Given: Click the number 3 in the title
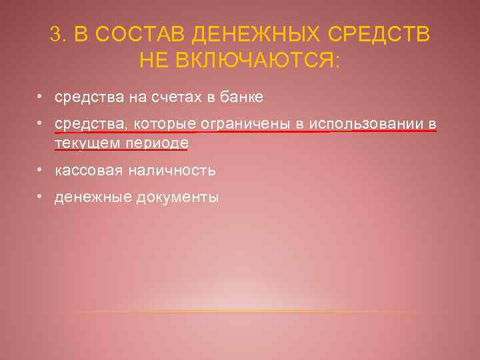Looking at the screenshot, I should [56, 35].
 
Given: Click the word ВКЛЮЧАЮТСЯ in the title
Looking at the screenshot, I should [258, 61].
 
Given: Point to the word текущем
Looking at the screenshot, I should [82, 143].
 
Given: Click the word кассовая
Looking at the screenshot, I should [83, 171].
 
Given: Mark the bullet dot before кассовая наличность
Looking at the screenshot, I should [41, 170].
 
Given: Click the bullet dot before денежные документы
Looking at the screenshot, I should [41, 197].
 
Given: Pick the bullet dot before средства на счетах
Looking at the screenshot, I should [41, 97].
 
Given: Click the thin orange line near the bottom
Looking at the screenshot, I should [247, 312].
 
